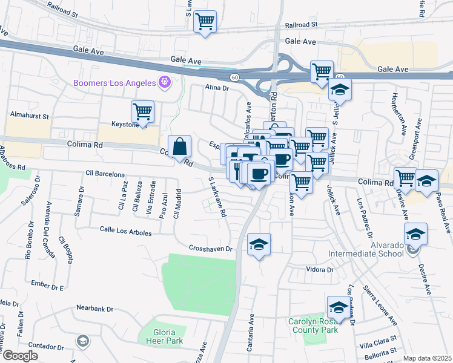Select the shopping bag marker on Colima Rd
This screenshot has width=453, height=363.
(x=180, y=146)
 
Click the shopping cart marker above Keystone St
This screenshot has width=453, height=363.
(x=142, y=111)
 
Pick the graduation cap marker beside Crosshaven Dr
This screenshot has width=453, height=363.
(x=259, y=244)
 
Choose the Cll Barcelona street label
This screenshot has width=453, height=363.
(x=105, y=174)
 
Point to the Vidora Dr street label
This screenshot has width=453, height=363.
(x=320, y=270)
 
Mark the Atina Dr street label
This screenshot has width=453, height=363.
(x=217, y=88)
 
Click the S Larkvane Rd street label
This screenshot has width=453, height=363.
(x=217, y=197)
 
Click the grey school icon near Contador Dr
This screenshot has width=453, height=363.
(x=82, y=342)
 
